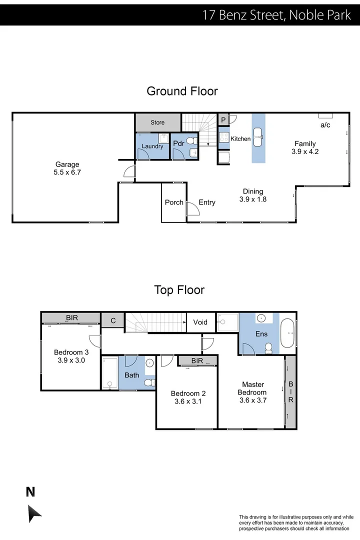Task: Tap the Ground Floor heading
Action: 182,91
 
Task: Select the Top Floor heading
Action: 179,290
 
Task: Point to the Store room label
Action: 157,122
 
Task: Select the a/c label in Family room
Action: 325,124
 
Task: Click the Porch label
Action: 174,202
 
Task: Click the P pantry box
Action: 223,120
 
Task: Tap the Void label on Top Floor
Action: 200,322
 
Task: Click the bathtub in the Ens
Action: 288,334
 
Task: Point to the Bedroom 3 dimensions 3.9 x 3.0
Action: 70,360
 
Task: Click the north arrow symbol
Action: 34,513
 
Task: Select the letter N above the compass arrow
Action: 30,492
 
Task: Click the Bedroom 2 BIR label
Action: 196,361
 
